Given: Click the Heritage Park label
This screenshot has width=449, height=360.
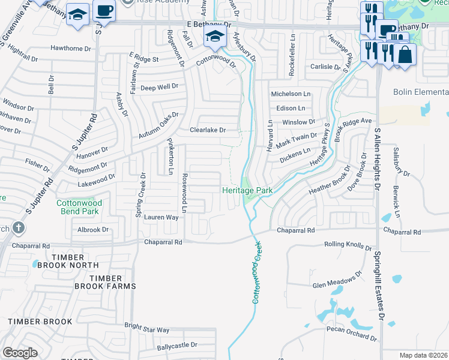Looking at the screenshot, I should pyautogui.click(x=247, y=190).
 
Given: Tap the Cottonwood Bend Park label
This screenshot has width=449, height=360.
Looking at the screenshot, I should pyautogui.click(x=79, y=207).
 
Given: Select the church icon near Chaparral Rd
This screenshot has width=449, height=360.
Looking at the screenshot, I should pyautogui.click(x=19, y=228).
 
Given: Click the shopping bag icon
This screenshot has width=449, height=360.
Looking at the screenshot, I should pyautogui.click(x=405, y=56).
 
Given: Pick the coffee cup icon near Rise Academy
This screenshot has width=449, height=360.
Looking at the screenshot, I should pyautogui.click(x=104, y=12).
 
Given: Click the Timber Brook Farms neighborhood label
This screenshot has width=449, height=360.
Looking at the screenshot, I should pyautogui.click(x=105, y=282).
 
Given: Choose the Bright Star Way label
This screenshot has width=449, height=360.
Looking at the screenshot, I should pyautogui.click(x=146, y=329).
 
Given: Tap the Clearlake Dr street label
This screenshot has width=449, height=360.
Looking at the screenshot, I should pyautogui.click(x=207, y=130).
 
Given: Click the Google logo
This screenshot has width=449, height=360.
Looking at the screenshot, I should pyautogui.click(x=20, y=353).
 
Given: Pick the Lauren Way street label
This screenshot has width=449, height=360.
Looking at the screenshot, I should pyautogui.click(x=161, y=217).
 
